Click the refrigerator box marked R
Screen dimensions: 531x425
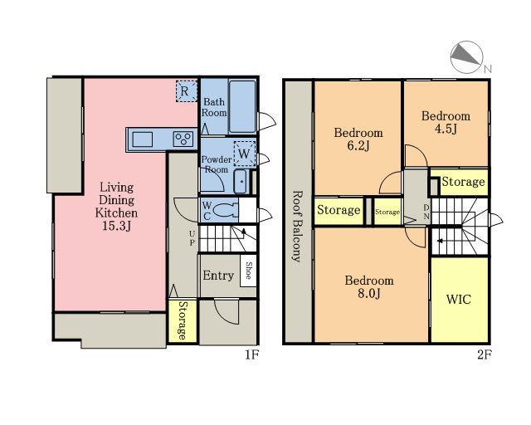coord(186,90)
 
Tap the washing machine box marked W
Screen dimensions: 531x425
coord(245,154)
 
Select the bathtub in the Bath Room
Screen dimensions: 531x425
coord(242,106)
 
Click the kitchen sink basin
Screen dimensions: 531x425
coord(142,139)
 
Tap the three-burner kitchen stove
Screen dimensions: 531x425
coord(183,139)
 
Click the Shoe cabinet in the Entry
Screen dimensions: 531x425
coord(248,271)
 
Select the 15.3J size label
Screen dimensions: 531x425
coord(116,226)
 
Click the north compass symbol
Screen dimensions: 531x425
coord(466,57)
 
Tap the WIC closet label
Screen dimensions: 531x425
coord(458,300)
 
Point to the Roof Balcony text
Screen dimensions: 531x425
coord(297,227)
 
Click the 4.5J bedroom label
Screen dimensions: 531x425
coord(446,129)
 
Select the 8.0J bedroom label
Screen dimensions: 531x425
coord(369,294)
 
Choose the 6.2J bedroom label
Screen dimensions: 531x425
coord(358,146)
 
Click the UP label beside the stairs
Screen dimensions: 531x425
coord(192,238)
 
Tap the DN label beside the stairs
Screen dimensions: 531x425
coord(426,212)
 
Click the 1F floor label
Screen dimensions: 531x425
coord(251,355)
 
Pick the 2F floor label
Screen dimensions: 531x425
coord(484,355)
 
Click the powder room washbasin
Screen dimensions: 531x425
coord(241,181)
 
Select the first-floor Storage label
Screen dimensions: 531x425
coord(182,320)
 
